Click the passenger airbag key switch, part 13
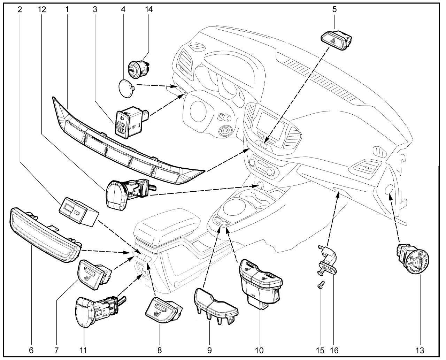point(413,259)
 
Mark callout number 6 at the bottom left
point(32,350)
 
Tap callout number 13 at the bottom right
point(421,350)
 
